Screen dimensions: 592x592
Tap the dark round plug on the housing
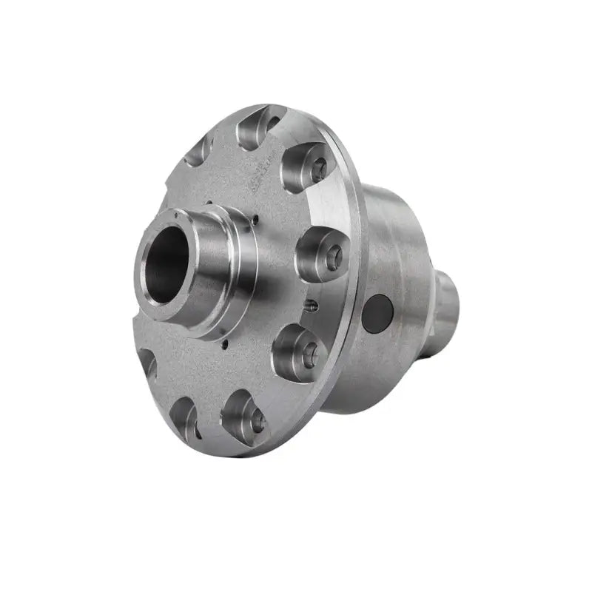point(380,312)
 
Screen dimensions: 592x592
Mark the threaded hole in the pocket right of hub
point(332,256)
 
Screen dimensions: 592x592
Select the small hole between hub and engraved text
point(255,218)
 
